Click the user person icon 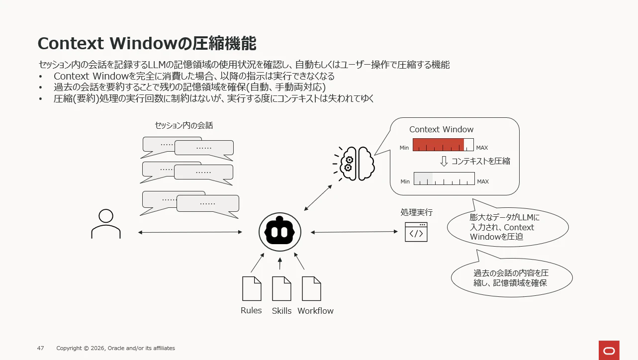click(106, 224)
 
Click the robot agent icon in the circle click(279, 232)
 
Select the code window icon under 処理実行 click(416, 232)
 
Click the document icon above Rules click(252, 288)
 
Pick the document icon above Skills click(281, 288)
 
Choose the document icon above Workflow click(312, 288)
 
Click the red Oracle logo click(609, 351)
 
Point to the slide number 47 click(40, 348)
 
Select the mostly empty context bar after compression click(444, 179)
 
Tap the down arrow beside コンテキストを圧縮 click(444, 161)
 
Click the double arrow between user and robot click(190, 232)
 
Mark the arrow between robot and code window click(354, 232)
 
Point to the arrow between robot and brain click(318, 198)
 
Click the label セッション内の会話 click(183, 125)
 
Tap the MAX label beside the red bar click(482, 148)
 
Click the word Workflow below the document click(315, 311)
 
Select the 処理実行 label click(416, 212)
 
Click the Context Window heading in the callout click(441, 129)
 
